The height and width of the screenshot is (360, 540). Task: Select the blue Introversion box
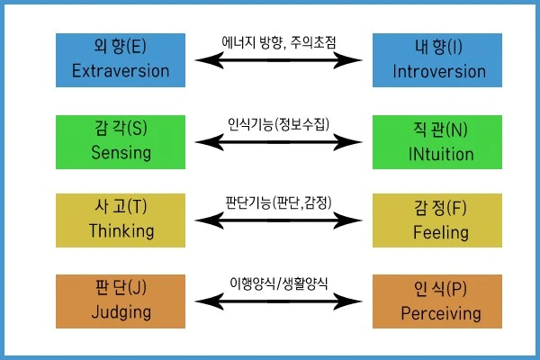[438, 60]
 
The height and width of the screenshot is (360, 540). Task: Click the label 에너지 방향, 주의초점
[283, 42]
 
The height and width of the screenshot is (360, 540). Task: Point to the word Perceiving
[438, 314]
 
